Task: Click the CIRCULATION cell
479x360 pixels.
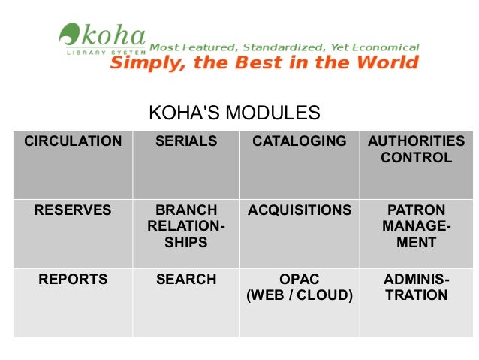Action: pos(73,141)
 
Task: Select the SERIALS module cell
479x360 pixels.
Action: pos(186,141)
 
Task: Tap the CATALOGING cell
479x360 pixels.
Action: pos(300,141)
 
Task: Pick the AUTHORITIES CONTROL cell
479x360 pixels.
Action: pos(416,150)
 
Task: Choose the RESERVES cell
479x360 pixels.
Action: pos(73,210)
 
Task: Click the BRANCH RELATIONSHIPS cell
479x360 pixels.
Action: pos(186,226)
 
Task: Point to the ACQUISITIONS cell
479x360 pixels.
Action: pos(300,210)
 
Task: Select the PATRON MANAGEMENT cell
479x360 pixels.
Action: pos(416,226)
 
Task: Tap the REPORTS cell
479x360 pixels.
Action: pos(73,280)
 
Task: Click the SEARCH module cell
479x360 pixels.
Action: pos(186,280)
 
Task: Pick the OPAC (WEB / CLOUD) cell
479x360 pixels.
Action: pos(300,288)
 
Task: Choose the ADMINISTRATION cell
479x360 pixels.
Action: pos(416,288)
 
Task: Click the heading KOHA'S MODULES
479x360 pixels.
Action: pos(234,113)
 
